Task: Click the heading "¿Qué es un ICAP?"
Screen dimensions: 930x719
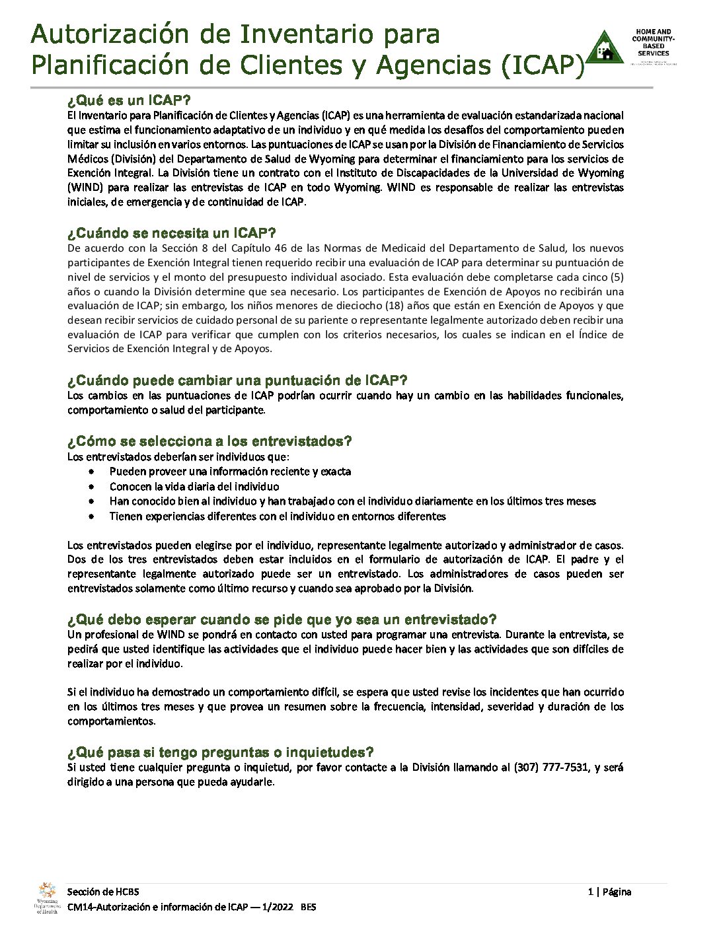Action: [129, 101]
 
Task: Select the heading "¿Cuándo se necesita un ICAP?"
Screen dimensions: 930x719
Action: [171, 233]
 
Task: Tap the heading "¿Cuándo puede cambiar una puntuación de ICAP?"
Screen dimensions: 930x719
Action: [237, 380]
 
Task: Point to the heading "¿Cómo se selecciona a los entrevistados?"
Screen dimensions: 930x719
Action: [209, 441]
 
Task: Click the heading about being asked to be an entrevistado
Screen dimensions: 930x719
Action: [282, 620]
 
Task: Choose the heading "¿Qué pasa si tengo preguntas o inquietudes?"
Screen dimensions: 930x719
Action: [221, 752]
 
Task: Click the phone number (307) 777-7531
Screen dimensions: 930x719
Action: [551, 768]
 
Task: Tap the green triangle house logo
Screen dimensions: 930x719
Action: [605, 48]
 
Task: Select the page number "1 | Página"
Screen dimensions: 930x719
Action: [609, 892]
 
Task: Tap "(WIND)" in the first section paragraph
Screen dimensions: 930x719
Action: [85, 188]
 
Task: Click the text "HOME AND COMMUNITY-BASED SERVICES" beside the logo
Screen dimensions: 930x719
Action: [653, 43]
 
